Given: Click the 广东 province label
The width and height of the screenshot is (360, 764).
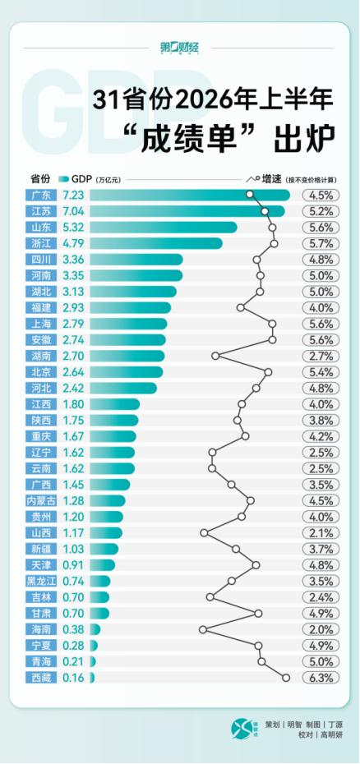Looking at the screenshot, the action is coord(41,196).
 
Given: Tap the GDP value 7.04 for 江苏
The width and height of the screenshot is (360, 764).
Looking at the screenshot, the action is coord(74,211).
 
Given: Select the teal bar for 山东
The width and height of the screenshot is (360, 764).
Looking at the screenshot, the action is coord(164,228).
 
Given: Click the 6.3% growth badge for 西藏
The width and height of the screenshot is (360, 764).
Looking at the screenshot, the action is coord(321,678).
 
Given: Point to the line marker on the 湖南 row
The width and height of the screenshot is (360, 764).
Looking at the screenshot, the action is coord(215,357).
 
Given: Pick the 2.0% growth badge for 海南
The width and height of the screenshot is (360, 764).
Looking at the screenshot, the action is coord(321,629).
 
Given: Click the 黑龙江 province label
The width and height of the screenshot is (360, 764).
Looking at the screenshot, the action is coord(41,582).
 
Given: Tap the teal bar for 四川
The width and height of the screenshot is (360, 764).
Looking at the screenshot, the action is coord(136,260).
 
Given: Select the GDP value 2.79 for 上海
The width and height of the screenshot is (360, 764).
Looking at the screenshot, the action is coord(74,324).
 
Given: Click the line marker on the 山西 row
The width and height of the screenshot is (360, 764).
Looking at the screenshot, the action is coord(204,533).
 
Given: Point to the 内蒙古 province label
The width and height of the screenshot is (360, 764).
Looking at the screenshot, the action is coord(41,501).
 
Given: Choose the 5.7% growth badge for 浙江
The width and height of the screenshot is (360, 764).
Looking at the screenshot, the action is coord(321,244).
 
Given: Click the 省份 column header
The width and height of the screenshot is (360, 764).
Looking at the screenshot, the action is coord(41,179).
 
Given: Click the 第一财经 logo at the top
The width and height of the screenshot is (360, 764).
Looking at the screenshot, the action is coord(180,48).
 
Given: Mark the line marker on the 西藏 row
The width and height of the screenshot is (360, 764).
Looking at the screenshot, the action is coord(286,678).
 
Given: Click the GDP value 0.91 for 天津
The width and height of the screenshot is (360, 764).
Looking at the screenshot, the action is coord(74,565).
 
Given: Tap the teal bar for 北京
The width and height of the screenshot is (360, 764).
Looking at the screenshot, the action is coord(127,372).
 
